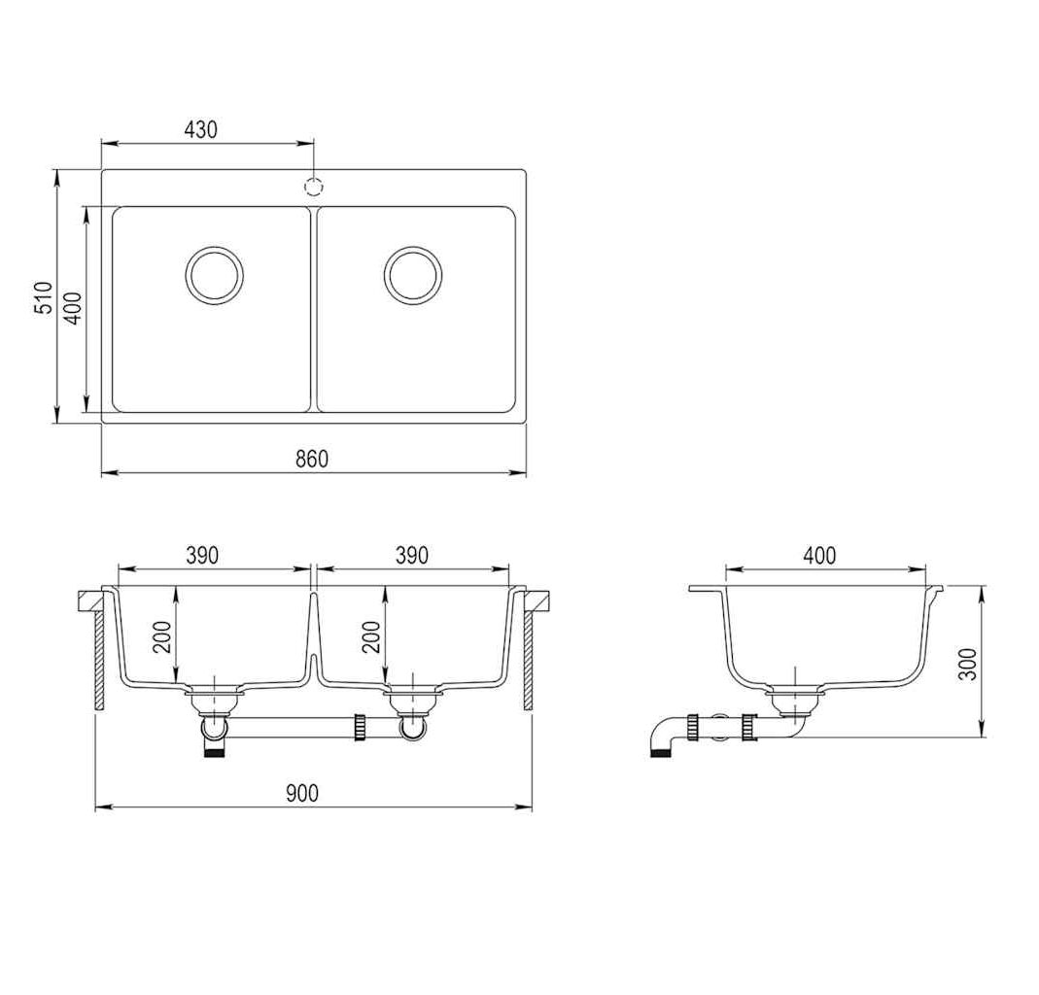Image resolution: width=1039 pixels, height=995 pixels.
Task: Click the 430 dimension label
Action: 201,129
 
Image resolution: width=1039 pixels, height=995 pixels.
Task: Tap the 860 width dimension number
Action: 311,459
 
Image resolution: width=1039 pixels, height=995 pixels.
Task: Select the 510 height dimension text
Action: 43,297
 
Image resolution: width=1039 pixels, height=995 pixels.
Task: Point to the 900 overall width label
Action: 302,792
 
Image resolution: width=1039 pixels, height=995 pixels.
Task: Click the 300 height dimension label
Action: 968,665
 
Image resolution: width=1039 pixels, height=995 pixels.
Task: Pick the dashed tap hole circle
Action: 313,187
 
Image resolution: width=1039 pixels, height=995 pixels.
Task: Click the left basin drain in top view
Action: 215,276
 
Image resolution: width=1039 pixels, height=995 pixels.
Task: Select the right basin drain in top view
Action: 413,276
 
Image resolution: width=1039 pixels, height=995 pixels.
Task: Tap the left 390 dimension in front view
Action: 202,555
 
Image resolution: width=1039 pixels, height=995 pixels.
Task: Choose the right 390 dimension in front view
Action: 412,555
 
